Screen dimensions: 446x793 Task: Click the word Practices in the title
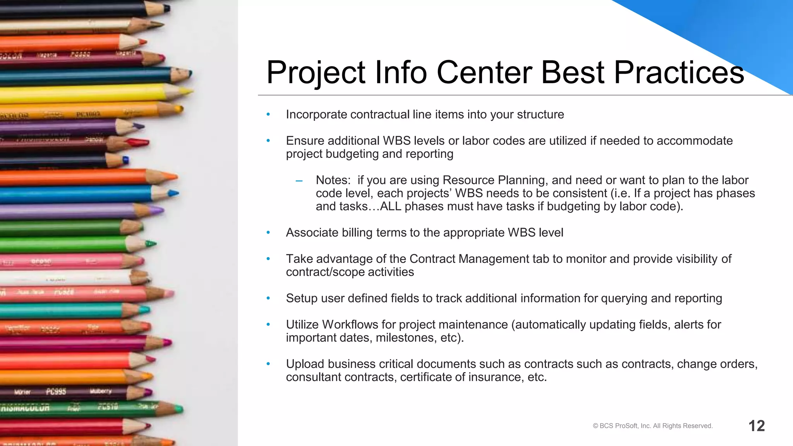click(678, 72)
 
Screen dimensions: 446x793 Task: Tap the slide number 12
click(756, 426)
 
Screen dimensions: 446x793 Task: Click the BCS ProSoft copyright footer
click(652, 426)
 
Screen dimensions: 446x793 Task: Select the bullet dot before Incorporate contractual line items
click(268, 115)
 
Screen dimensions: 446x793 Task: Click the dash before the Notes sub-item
click(299, 181)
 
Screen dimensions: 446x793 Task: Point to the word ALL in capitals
click(390, 206)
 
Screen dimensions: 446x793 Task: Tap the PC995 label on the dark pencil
click(56, 392)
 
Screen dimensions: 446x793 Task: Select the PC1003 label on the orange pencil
click(88, 115)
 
